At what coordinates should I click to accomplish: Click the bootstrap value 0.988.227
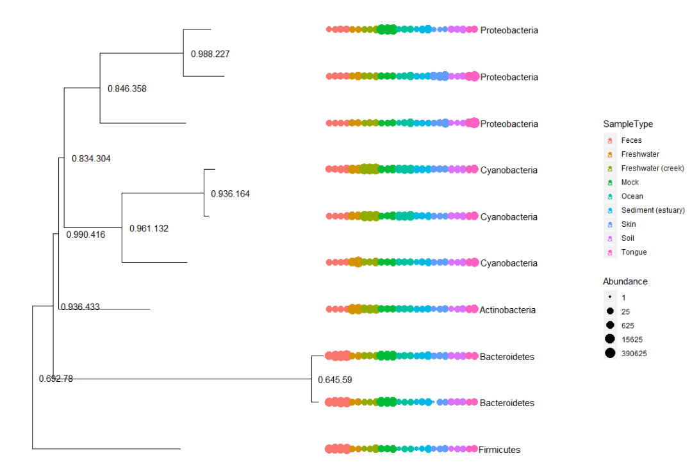[210, 54]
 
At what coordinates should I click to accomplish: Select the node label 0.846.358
[127, 89]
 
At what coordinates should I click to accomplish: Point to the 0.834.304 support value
[91, 159]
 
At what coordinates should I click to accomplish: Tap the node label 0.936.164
[230, 194]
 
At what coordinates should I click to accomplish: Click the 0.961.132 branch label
[149, 229]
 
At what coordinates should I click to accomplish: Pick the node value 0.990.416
[86, 234]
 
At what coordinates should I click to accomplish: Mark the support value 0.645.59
[335, 380]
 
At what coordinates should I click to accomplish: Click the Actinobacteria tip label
[507, 310]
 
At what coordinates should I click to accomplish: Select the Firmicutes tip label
[499, 450]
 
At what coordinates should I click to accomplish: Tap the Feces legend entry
[631, 140]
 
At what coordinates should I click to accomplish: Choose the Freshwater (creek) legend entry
[652, 168]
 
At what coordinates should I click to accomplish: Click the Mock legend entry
[630, 183]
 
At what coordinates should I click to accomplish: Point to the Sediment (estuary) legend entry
[652, 210]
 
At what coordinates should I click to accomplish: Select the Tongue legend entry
[634, 252]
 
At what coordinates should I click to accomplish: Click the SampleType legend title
[628, 124]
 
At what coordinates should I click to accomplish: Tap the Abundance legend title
[625, 282]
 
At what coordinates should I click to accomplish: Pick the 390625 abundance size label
[634, 354]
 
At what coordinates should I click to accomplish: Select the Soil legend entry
[629, 238]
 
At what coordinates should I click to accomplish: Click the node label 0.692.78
[56, 379]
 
